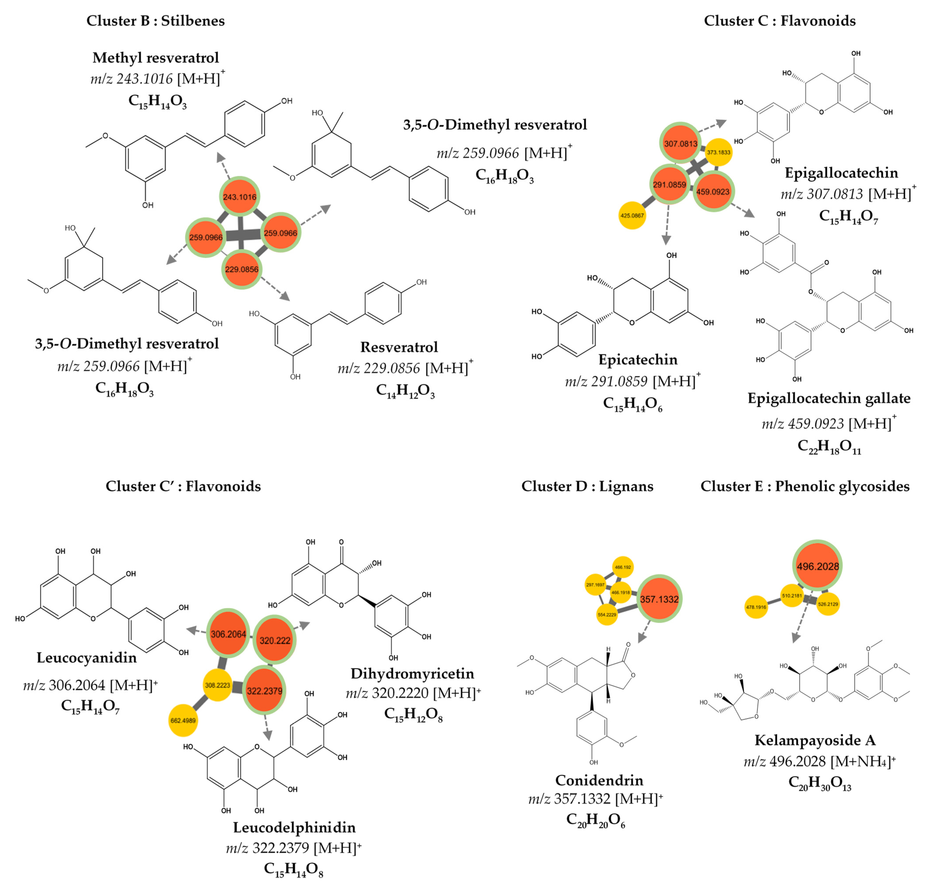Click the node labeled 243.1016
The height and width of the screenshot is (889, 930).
click(240, 197)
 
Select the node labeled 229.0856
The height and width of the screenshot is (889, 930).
click(241, 269)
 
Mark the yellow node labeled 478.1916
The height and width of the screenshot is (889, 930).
click(756, 607)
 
